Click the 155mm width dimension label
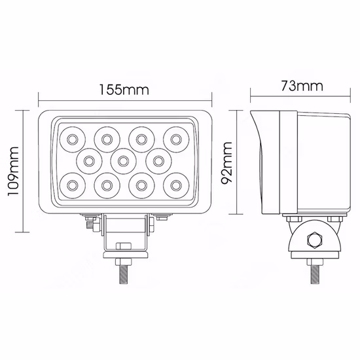[124, 88]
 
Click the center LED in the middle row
[122, 159]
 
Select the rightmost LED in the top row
[175, 138]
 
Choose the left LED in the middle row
[88, 159]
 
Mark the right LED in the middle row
[157, 159]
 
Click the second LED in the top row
[105, 138]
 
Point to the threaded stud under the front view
[123, 272]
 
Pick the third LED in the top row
[140, 138]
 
